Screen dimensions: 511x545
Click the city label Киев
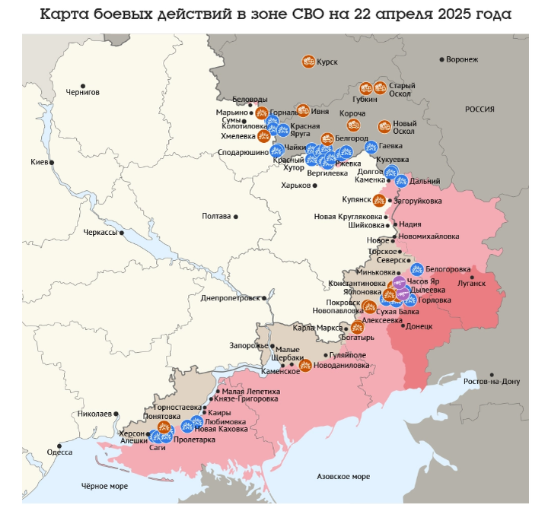38,163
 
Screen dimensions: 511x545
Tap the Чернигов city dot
83,85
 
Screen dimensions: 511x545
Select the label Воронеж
463,59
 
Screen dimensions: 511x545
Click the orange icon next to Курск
308,61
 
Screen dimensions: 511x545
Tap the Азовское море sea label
343,477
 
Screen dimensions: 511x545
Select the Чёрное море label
104,486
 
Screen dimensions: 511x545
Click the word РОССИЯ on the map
480,109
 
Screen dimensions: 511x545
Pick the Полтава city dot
236,217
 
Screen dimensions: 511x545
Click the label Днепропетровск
230,298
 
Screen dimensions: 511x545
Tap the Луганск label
471,283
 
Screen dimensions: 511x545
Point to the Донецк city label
419,326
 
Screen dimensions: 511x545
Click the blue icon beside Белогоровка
417,269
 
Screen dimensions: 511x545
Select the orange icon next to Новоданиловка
305,365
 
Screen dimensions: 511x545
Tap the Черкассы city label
100,233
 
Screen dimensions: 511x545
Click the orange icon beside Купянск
378,200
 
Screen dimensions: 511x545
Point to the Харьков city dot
315,186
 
